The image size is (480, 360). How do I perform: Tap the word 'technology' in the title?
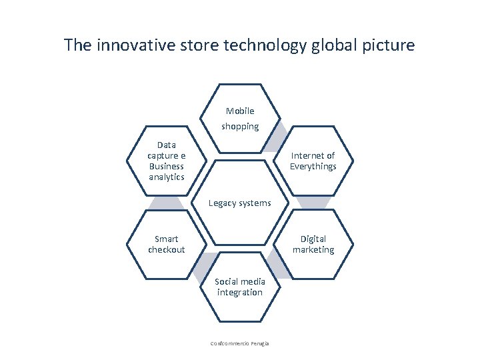271,45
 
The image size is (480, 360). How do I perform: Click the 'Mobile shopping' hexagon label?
240,119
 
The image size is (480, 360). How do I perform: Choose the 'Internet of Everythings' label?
313,161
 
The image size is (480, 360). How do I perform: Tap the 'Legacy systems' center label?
240,203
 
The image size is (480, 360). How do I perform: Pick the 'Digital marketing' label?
313,244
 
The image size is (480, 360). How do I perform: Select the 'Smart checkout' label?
166,244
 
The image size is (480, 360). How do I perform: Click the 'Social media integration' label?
240,287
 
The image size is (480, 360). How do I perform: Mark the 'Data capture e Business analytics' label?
166,161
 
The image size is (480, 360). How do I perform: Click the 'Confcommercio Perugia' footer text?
240,343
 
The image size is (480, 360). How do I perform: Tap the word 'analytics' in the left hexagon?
166,177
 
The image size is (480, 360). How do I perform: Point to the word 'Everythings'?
313,167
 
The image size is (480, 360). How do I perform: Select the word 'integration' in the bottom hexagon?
240,293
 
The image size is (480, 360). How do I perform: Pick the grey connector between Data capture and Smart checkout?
166,203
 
